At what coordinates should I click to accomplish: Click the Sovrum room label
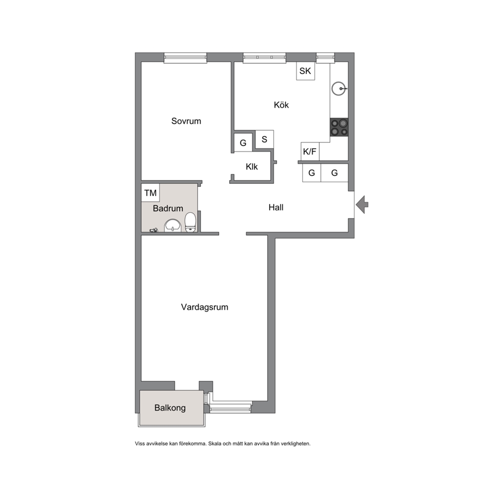click(x=186, y=121)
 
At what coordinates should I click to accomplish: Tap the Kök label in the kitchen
click(x=281, y=105)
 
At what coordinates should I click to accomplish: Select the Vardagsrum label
click(x=204, y=307)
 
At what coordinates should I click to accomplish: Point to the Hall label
click(x=276, y=207)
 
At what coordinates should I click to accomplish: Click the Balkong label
click(x=170, y=408)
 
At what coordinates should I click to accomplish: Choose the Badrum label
click(x=168, y=208)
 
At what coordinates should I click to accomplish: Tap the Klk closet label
click(x=251, y=166)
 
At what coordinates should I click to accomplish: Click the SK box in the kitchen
click(x=305, y=71)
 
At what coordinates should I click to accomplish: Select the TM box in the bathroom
click(x=150, y=193)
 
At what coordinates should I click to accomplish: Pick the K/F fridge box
click(x=310, y=152)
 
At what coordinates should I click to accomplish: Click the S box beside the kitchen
click(x=264, y=139)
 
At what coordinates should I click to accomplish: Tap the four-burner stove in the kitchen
click(x=339, y=127)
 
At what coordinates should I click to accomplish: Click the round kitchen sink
click(x=338, y=88)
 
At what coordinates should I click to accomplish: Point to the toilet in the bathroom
click(x=190, y=222)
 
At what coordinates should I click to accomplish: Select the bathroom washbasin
click(x=173, y=225)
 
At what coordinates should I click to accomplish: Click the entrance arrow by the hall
click(x=363, y=204)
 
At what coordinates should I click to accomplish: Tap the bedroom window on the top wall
click(x=186, y=58)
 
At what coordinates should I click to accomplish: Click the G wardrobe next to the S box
click(x=243, y=143)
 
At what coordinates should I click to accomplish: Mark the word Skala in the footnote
click(x=215, y=444)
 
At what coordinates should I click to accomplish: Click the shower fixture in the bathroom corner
click(x=154, y=230)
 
